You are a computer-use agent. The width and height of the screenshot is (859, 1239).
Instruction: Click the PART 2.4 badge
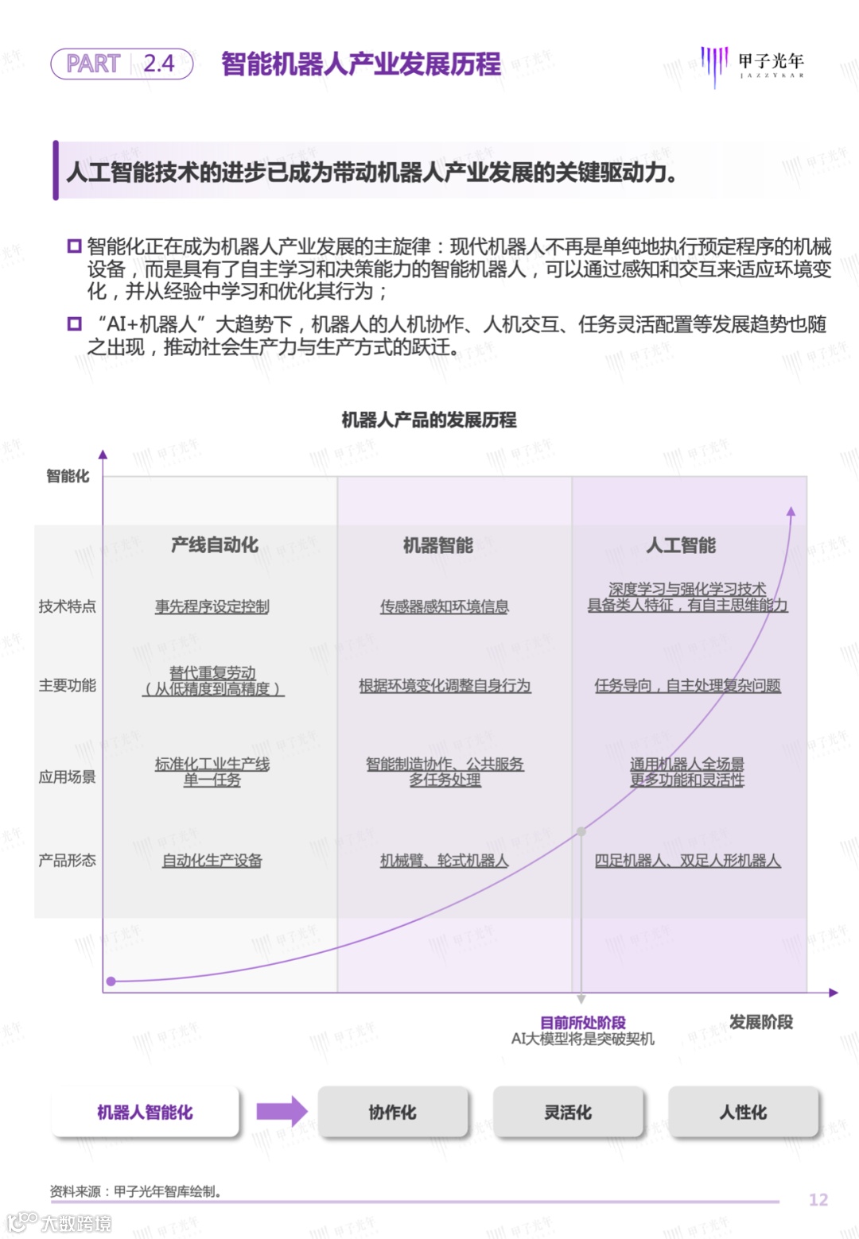click(122, 64)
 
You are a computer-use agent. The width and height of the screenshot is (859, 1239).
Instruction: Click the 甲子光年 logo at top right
click(752, 64)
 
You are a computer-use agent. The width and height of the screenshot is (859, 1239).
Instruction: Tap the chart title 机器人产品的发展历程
click(429, 420)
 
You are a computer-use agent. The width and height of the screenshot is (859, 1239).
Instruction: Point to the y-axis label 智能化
click(68, 476)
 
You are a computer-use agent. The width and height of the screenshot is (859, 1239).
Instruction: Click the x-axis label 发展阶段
click(761, 1022)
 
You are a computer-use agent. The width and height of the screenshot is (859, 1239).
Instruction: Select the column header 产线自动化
click(215, 545)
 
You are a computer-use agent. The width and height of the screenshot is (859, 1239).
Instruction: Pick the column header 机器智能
click(438, 545)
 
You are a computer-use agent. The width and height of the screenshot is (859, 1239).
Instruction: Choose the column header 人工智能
click(682, 545)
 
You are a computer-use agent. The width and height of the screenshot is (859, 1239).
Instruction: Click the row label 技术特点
click(68, 606)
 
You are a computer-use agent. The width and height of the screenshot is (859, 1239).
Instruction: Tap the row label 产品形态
click(68, 861)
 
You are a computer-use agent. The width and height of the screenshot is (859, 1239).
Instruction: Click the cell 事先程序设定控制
click(212, 606)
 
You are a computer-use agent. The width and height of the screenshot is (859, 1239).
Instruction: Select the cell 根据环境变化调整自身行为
click(445, 686)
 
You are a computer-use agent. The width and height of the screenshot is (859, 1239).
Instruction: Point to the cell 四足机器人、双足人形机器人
click(688, 861)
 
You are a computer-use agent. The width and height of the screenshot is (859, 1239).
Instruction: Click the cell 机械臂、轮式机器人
click(445, 861)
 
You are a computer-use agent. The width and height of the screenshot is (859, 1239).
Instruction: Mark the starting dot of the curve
click(111, 982)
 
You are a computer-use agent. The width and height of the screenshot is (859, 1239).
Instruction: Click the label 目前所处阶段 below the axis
click(583, 1023)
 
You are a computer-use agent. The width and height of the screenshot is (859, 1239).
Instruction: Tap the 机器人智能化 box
click(145, 1113)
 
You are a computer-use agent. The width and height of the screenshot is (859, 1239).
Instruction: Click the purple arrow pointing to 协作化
click(282, 1112)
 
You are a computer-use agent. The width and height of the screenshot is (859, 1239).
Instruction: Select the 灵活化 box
click(568, 1113)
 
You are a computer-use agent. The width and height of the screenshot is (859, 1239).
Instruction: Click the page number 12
click(818, 1200)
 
